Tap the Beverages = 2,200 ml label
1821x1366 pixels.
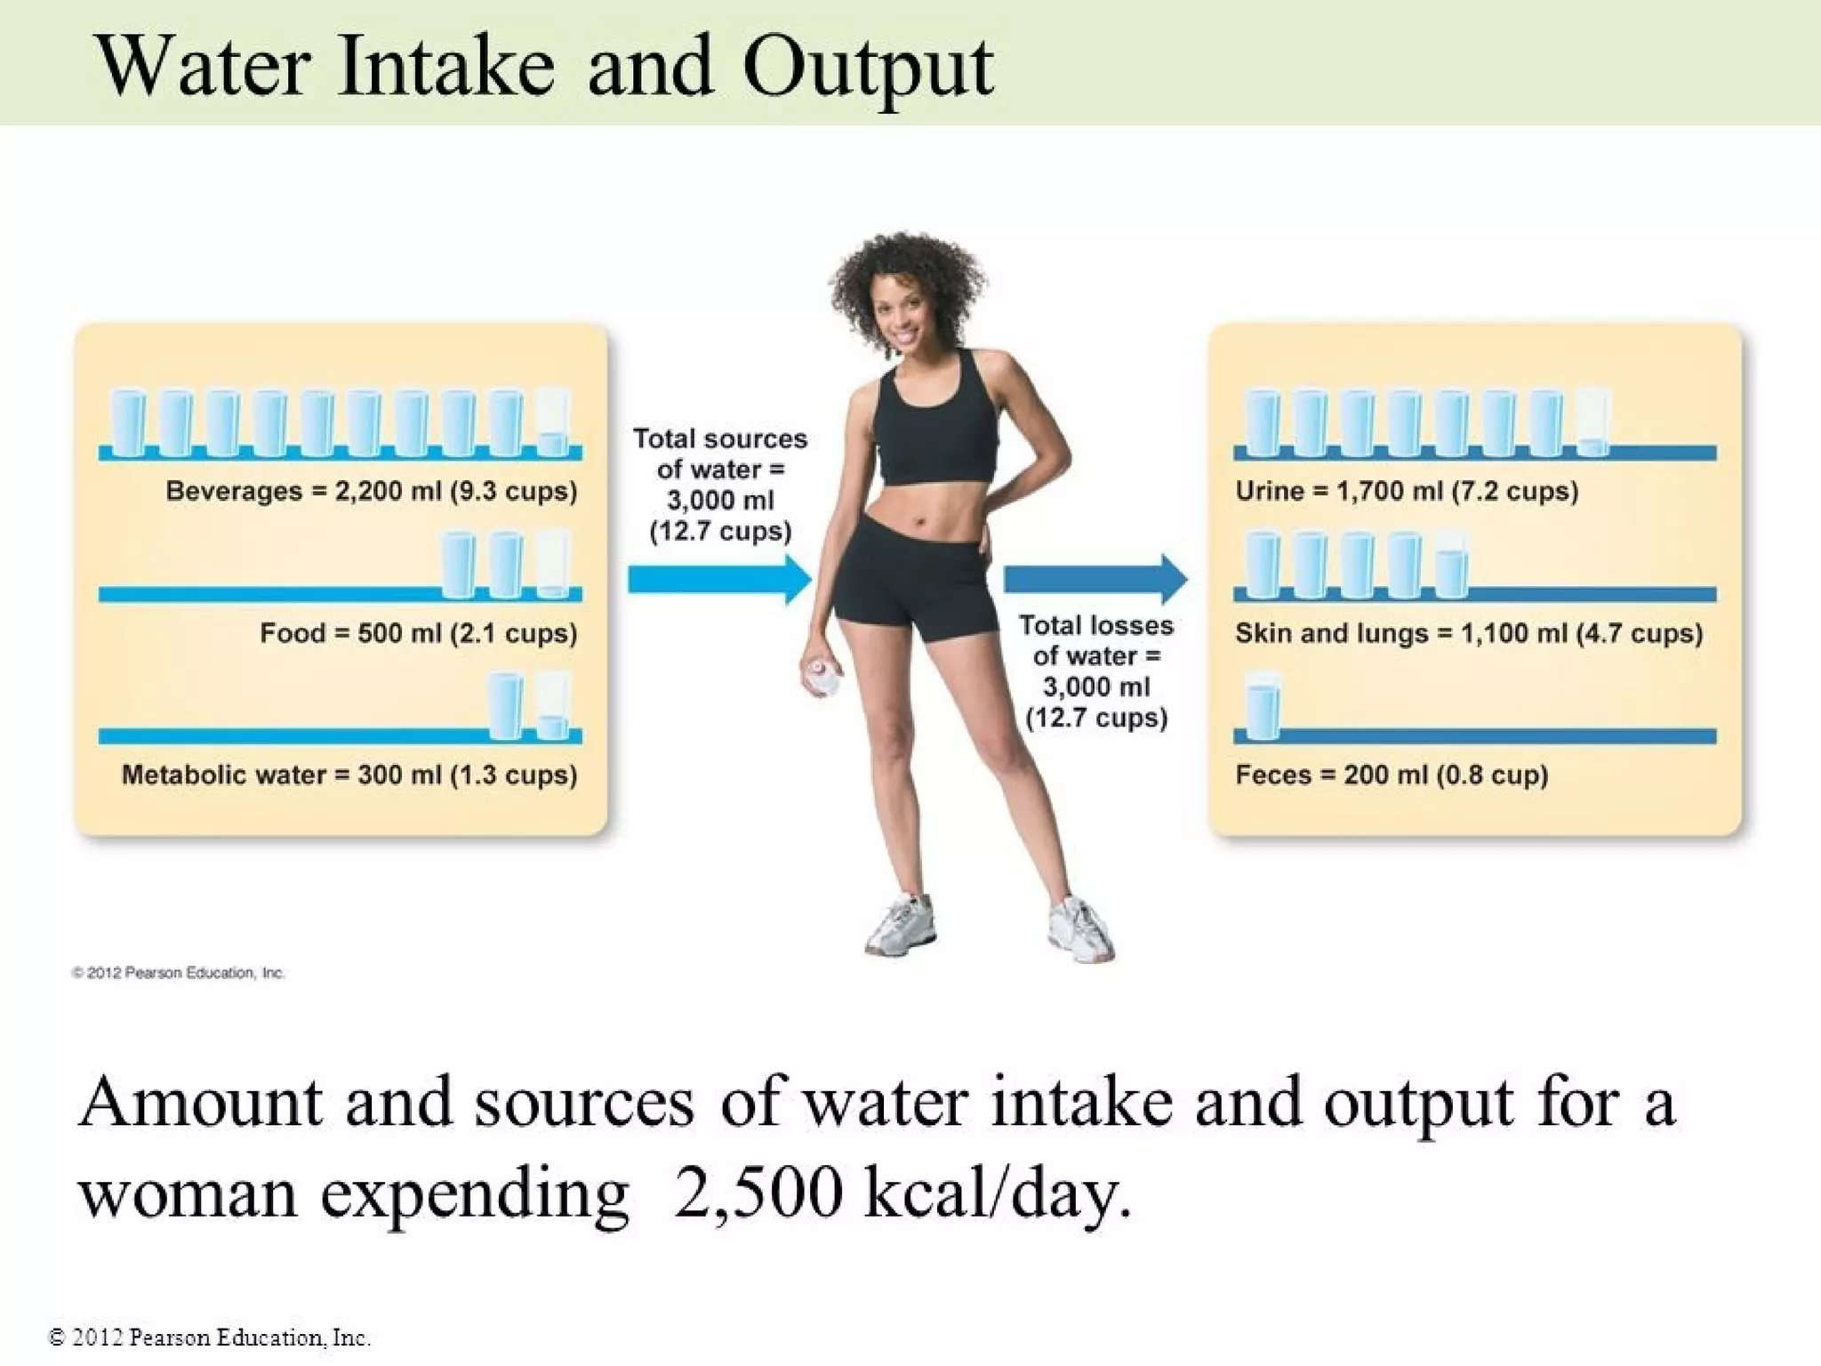pos(371,491)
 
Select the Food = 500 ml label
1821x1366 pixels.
pos(418,633)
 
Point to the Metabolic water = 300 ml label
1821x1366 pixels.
pos(349,775)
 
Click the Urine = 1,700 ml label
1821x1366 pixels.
pos(1406,491)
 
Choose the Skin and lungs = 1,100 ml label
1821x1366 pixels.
pos(1468,633)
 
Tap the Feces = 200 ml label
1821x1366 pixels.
pos(1391,775)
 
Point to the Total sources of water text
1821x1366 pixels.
pos(720,485)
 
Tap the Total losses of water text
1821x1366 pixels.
pos(1095,671)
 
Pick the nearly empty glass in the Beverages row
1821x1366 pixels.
pos(553,422)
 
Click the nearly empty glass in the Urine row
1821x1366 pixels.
pos(1592,422)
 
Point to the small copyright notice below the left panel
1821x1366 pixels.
pos(178,973)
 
